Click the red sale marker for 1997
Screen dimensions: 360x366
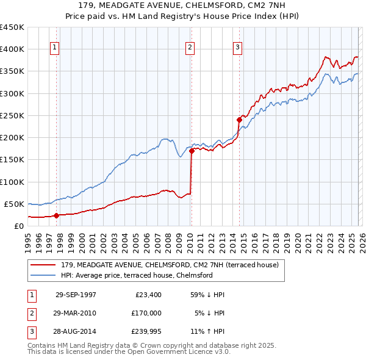(57, 215)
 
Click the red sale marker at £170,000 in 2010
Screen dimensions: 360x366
(192, 150)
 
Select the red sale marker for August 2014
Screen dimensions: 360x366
(239, 120)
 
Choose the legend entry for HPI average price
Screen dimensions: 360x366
(136, 275)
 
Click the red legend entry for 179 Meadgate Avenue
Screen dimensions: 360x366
(170, 265)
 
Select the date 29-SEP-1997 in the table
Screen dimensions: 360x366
(76, 295)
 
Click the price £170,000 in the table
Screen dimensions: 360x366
(146, 313)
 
